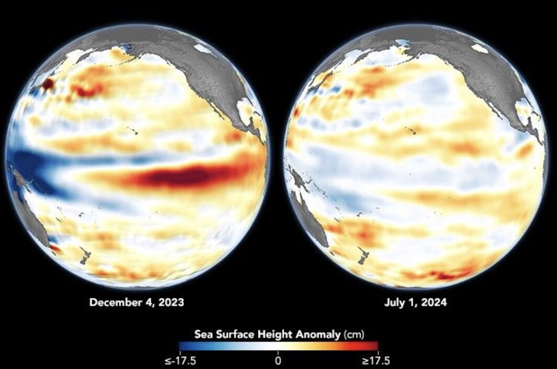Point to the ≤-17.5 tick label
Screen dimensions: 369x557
tap(180, 361)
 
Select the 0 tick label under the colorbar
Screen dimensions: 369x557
tap(278, 361)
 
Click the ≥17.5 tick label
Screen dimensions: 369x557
tap(376, 361)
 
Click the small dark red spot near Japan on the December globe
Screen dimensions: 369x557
tap(47, 83)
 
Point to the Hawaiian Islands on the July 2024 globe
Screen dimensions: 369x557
tap(413, 132)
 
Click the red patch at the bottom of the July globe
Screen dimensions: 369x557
tap(445, 274)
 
